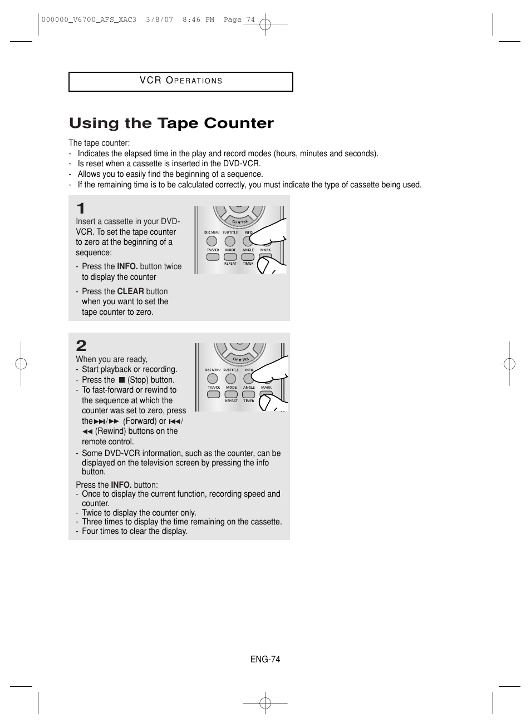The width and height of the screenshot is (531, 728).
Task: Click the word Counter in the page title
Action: (239, 123)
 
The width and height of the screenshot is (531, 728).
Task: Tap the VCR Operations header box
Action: (181, 81)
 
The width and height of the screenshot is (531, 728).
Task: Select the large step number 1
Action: (81, 209)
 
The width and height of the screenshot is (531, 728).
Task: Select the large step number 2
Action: (81, 345)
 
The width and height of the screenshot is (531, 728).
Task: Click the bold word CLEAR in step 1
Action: (130, 291)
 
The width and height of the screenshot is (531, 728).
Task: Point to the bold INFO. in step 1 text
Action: (127, 266)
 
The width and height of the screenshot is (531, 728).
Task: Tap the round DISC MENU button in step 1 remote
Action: (212, 241)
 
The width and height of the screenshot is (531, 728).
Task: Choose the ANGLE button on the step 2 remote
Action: (249, 394)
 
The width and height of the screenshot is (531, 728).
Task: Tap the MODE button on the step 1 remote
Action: (230, 257)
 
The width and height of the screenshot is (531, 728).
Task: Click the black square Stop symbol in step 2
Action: (121, 380)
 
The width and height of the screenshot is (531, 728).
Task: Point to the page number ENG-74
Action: (265, 659)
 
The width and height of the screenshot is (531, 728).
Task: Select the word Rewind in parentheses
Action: (109, 431)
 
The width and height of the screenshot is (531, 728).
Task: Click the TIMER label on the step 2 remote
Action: (249, 400)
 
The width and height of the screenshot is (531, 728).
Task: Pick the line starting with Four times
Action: (135, 531)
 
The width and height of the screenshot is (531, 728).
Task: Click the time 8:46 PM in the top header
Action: (198, 19)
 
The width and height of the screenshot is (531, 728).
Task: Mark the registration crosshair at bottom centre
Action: (265, 703)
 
